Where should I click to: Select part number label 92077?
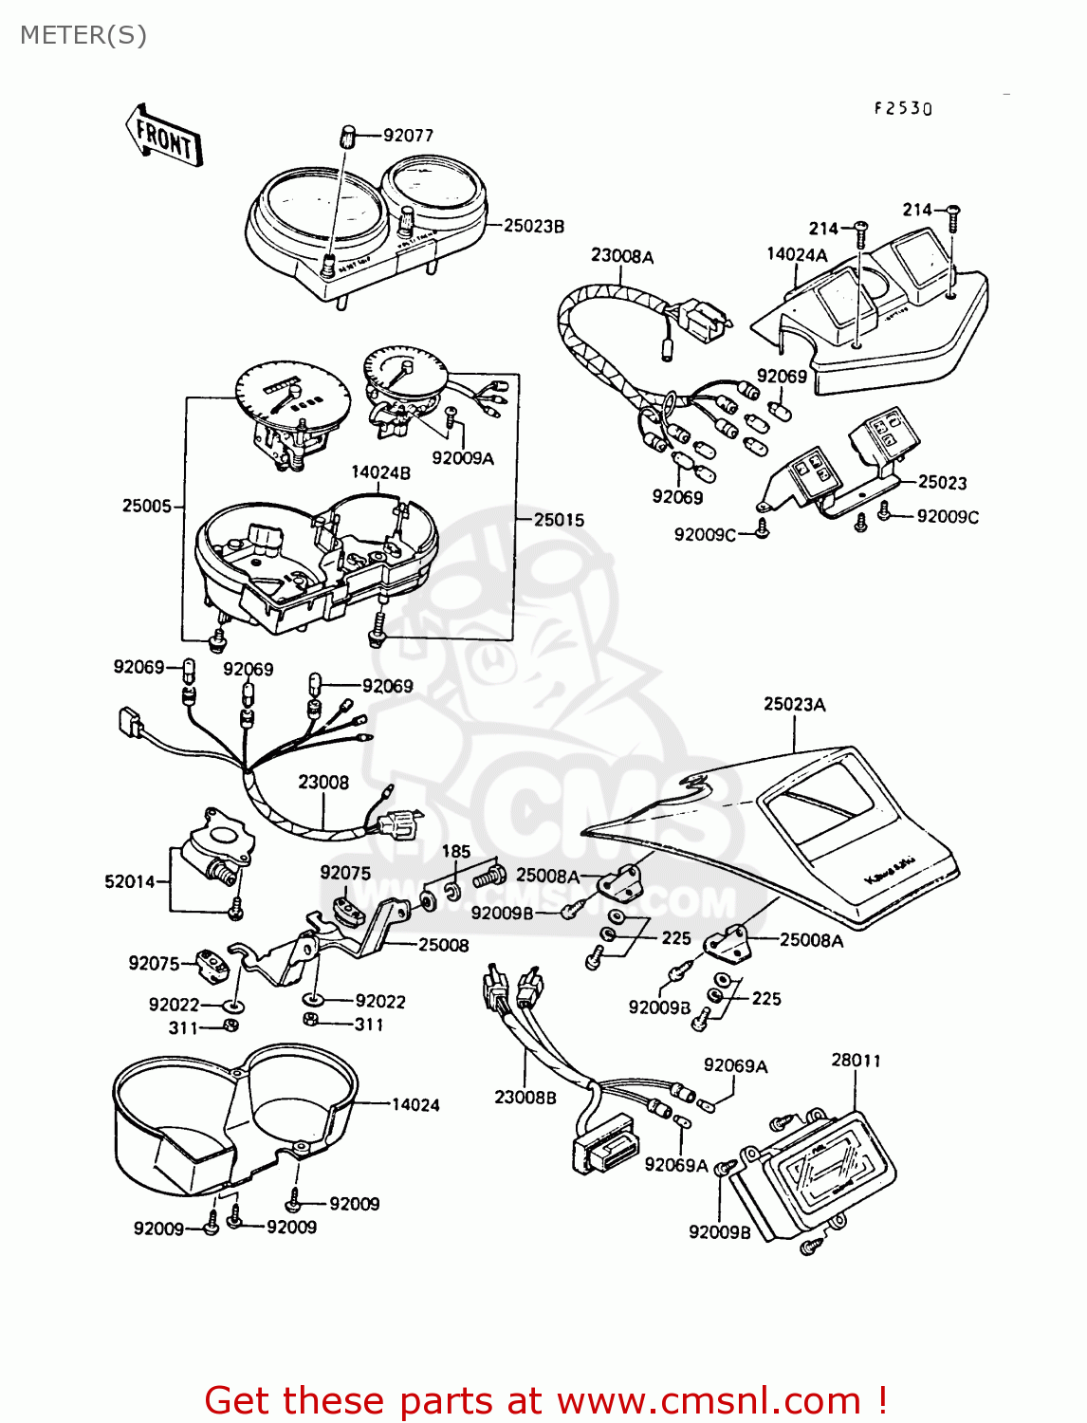pyautogui.click(x=408, y=136)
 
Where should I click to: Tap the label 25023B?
pyautogui.click(x=533, y=226)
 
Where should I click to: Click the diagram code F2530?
pyautogui.click(x=903, y=109)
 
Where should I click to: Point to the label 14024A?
pyautogui.click(x=797, y=254)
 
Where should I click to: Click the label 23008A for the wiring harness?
pyautogui.click(x=622, y=256)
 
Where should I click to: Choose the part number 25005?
pyautogui.click(x=146, y=506)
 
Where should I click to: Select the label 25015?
pyautogui.click(x=559, y=520)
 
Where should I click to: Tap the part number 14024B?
pyautogui.click(x=380, y=472)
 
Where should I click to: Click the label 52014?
pyautogui.click(x=130, y=881)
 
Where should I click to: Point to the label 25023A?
pyautogui.click(x=794, y=704)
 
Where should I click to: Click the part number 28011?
pyautogui.click(x=856, y=1060)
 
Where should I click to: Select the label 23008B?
pyautogui.click(x=525, y=1097)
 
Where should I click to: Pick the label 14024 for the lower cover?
pyautogui.click(x=415, y=1104)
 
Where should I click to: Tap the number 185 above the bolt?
pyautogui.click(x=456, y=851)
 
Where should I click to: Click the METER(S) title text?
pyautogui.click(x=83, y=35)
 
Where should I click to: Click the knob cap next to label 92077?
pyautogui.click(x=348, y=136)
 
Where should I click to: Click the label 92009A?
pyautogui.click(x=462, y=458)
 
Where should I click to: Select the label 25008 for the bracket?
pyautogui.click(x=444, y=945)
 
